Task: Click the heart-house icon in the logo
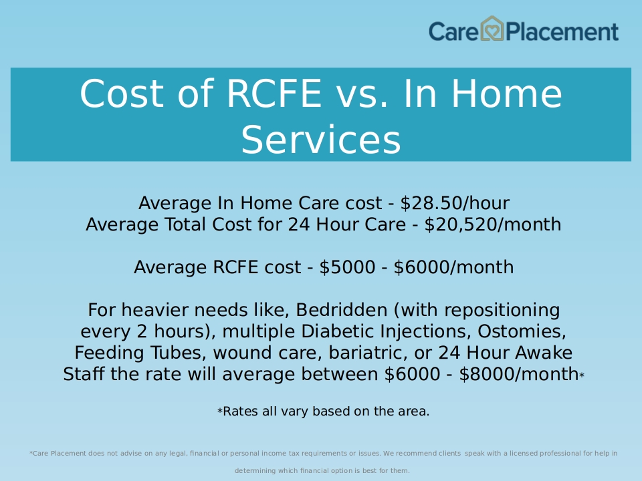point(492,29)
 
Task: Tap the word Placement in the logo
point(562,32)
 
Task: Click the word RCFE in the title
point(274,94)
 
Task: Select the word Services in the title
point(320,140)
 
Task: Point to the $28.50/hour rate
point(455,203)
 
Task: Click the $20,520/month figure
point(493,224)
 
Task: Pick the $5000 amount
point(347,267)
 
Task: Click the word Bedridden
point(342,310)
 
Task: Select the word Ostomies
point(522,331)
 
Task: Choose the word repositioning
point(502,311)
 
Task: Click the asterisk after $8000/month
point(582,375)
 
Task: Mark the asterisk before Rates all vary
point(220,411)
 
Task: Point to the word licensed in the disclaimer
point(523,453)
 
